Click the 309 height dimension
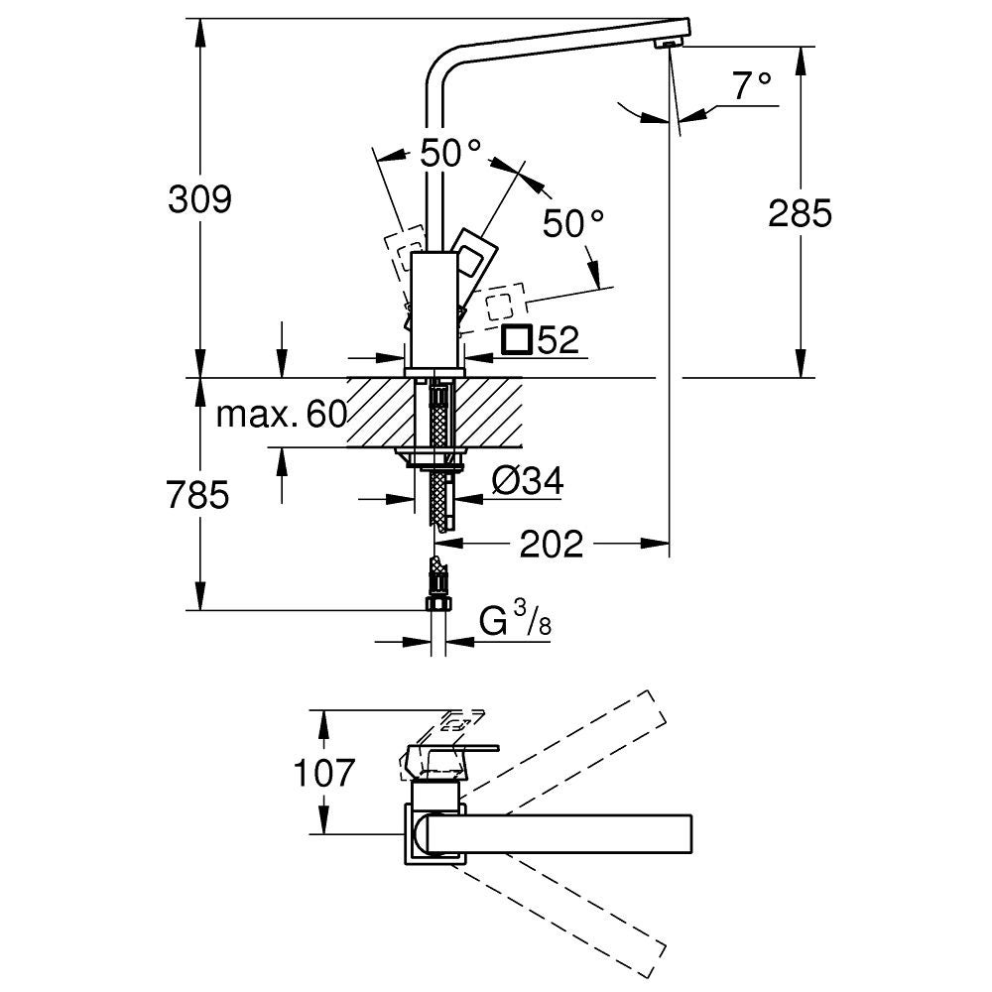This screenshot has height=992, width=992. coord(199,199)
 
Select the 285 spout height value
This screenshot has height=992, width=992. coord(800,213)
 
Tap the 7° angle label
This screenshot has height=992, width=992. coord(751,87)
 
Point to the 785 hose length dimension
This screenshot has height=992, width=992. coord(198,494)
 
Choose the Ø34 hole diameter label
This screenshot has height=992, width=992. coord(527,482)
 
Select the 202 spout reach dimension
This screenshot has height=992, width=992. coord(553,544)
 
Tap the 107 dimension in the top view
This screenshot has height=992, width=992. coord(323,772)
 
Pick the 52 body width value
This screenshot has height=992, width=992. coord(558,340)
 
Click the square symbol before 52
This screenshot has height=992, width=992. coord(516,339)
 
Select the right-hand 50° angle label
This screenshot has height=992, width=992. coord(573,223)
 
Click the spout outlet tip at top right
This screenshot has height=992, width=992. coord(671,42)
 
